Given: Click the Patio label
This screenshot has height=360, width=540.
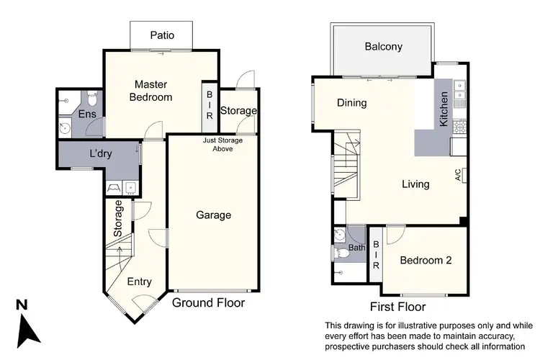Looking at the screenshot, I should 161,35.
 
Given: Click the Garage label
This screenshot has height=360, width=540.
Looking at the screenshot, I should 213,215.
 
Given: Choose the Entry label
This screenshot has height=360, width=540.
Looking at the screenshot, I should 139,282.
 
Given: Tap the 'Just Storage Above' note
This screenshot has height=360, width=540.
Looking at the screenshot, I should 222,145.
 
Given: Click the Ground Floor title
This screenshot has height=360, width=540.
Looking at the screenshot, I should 208,303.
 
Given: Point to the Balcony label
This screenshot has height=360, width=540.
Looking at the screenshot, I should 383,48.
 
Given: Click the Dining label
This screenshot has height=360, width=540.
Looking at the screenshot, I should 352,103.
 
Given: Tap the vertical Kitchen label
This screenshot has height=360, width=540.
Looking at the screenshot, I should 444,109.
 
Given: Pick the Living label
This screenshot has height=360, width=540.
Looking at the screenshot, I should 415,184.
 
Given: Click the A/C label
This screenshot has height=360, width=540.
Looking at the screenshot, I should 457,174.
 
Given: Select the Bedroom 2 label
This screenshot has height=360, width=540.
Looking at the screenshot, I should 426,261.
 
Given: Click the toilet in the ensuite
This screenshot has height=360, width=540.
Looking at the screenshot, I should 91,97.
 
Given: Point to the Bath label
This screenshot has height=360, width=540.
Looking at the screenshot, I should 357,248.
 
